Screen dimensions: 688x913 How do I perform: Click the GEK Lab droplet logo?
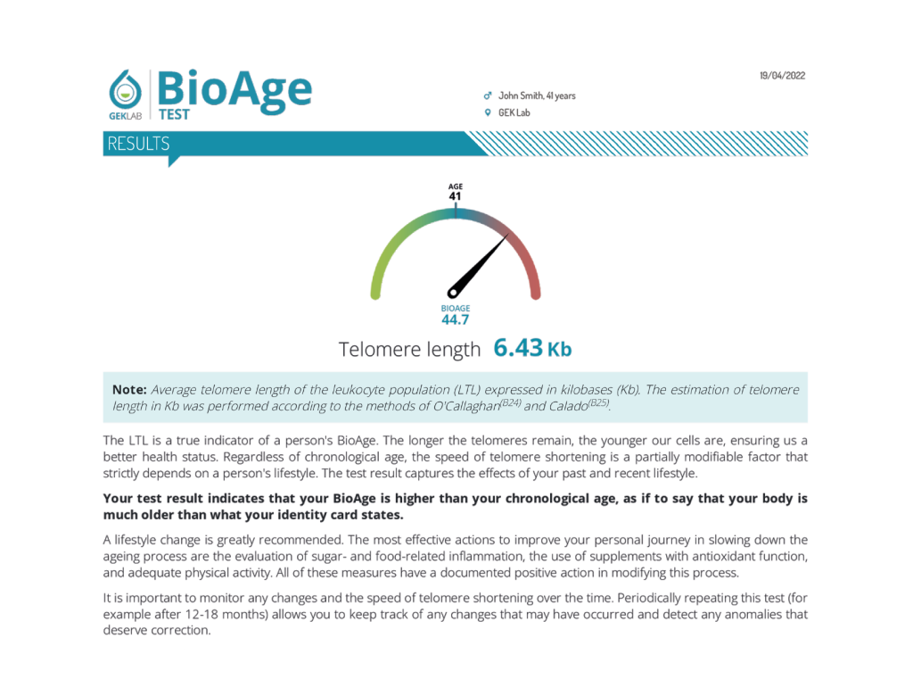pos(125,89)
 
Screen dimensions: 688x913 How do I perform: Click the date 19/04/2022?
pos(782,76)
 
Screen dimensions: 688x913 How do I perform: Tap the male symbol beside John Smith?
pos(487,95)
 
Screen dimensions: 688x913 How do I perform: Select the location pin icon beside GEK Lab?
pos(487,113)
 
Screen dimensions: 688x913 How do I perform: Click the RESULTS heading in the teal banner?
pos(138,144)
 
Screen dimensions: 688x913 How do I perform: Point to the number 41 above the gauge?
pos(455,196)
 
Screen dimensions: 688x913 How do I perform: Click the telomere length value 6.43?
pos(518,348)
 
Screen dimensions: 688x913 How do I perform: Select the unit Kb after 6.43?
pos(559,349)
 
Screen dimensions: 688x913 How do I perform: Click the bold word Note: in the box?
pos(129,390)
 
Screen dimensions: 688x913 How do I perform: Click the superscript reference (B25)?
pos(599,402)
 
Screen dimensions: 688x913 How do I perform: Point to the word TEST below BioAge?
pos(174,114)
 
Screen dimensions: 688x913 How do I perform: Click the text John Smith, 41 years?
pos(537,95)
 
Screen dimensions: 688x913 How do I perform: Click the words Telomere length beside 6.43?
pos(409,350)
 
